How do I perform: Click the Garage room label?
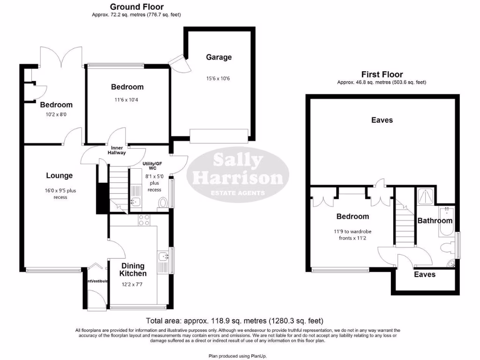pyautogui.click(x=219, y=57)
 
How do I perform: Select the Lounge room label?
pyautogui.click(x=60, y=176)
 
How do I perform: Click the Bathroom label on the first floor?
pyautogui.click(x=435, y=220)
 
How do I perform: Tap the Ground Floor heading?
pyautogui.click(x=136, y=7)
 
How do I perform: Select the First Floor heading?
pyautogui.click(x=382, y=75)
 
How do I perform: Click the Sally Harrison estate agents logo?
pyautogui.click(x=238, y=174)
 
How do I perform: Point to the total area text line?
pyautogui.click(x=234, y=321)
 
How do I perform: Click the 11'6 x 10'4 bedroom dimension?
pyautogui.click(x=127, y=99)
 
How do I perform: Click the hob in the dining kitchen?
pyautogui.click(x=143, y=219)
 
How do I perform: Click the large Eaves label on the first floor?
pyautogui.click(x=382, y=120)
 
